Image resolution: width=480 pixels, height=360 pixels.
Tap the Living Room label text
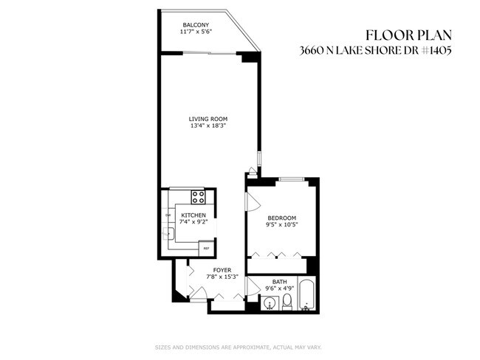pyautogui.click(x=208, y=119)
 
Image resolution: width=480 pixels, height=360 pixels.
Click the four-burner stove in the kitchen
pyautogui.click(x=199, y=197)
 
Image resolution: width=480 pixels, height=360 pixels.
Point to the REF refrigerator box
pyautogui.click(x=204, y=249)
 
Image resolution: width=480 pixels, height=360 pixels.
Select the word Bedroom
pyautogui.click(x=282, y=218)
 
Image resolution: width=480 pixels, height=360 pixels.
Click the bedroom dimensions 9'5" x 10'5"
pyautogui.click(x=282, y=224)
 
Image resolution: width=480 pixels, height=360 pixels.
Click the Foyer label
pyautogui.click(x=222, y=270)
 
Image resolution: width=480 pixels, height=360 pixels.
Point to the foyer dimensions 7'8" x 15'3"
pyautogui.click(x=222, y=277)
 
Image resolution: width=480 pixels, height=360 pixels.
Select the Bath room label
pyautogui.click(x=279, y=281)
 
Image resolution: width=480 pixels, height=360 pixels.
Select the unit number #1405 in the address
pyautogui.click(x=435, y=51)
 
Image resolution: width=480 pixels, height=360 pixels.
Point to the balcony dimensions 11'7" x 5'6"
pyautogui.click(x=195, y=32)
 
